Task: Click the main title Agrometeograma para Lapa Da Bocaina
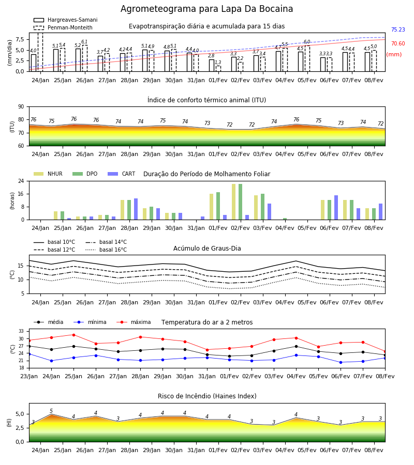tap(206, 9)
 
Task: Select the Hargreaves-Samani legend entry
tap(65, 20)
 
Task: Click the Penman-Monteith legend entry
tap(63, 27)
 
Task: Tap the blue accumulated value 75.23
tap(398, 29)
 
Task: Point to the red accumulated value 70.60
tap(398, 43)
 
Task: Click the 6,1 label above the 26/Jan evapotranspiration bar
tap(84, 42)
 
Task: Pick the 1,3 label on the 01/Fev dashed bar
tap(218, 63)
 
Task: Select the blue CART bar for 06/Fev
tap(336, 208)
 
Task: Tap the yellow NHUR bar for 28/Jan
tap(122, 210)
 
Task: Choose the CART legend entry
tap(122, 174)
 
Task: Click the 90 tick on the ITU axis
tap(21, 107)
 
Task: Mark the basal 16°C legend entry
tap(106, 250)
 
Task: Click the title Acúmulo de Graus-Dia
tap(207, 249)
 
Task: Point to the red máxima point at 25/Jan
tap(73, 335)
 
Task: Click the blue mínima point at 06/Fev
tap(341, 362)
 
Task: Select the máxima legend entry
tap(134, 322)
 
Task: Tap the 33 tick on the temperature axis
tap(21, 331)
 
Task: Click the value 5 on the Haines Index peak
tap(51, 411)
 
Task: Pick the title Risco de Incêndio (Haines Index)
tap(207, 396)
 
